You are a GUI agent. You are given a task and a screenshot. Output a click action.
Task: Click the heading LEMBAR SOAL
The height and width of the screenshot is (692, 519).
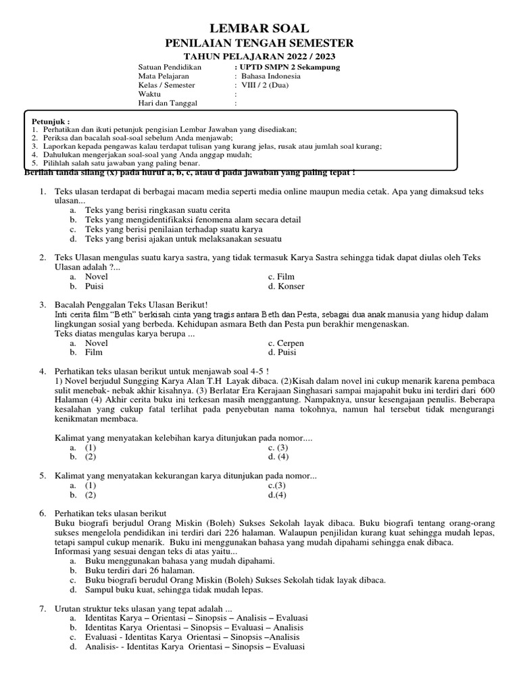coord(259,28)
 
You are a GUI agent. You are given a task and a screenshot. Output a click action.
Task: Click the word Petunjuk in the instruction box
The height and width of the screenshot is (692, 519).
coord(51,121)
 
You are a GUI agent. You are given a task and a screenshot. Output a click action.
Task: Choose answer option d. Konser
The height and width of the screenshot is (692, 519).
coord(286,286)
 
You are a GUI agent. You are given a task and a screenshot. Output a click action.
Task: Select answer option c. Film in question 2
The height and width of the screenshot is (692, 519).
coord(281,276)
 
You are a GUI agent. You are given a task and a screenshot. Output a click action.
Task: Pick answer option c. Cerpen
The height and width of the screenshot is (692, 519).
coord(286,343)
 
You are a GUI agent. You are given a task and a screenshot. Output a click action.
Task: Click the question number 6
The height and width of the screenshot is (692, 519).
coord(42,514)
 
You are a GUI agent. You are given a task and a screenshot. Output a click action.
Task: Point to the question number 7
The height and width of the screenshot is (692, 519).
coord(42,609)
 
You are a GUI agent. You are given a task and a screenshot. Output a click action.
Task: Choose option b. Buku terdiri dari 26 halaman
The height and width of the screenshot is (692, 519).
coord(132,570)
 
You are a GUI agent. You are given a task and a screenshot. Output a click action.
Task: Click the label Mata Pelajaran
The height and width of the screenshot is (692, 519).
coord(164,76)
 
